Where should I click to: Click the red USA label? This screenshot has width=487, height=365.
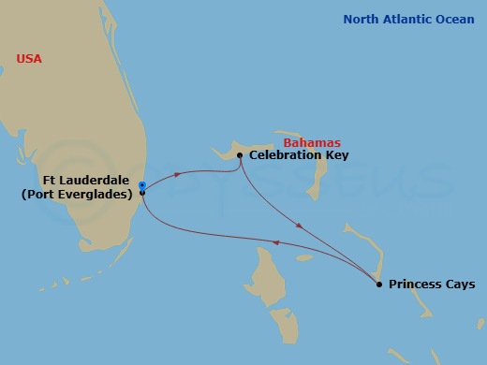tap(29, 59)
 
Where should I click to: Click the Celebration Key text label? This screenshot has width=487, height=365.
tap(298, 155)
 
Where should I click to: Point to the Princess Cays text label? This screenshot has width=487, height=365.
tap(432, 284)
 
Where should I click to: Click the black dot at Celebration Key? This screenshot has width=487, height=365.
tap(241, 155)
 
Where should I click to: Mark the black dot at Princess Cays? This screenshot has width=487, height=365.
tap(378, 284)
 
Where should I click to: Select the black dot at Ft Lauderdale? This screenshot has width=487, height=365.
tap(141, 192)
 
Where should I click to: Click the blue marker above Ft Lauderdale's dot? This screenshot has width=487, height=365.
tap(141, 184)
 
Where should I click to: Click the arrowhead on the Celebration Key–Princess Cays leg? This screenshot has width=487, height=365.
tap(298, 226)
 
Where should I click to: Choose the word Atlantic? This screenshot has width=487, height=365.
tap(406, 19)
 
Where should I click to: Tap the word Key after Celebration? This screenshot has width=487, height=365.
tap(336, 155)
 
